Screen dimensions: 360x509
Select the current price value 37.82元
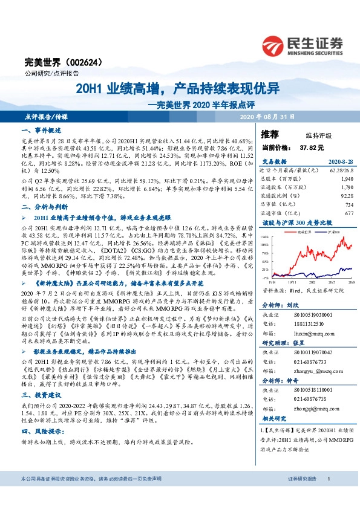pyautogui.click(x=312, y=148)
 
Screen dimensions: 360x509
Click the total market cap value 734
pyautogui.click(x=349, y=205)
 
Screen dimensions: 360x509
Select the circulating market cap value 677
pyautogui.click(x=349, y=213)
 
